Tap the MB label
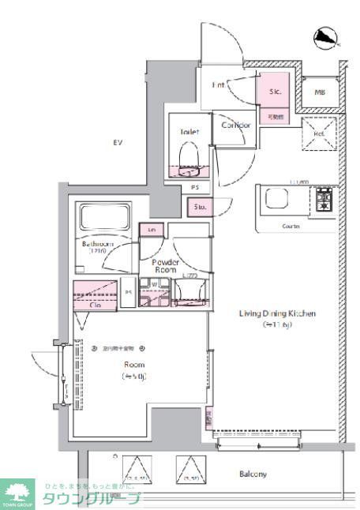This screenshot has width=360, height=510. tap(320, 92)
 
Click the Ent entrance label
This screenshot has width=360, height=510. tap(220, 84)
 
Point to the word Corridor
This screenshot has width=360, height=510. tap(235, 125)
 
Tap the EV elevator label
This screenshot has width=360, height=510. tap(118, 143)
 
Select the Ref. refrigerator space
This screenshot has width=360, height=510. tap(319, 133)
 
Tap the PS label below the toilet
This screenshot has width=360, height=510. tap(194, 188)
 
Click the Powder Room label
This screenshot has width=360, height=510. tap(165, 265)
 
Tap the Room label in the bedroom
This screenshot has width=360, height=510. tap(133, 366)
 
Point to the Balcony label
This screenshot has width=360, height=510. tap(253, 474)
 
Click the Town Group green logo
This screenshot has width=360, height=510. tap(17, 493)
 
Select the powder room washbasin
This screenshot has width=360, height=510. tap(189, 291)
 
